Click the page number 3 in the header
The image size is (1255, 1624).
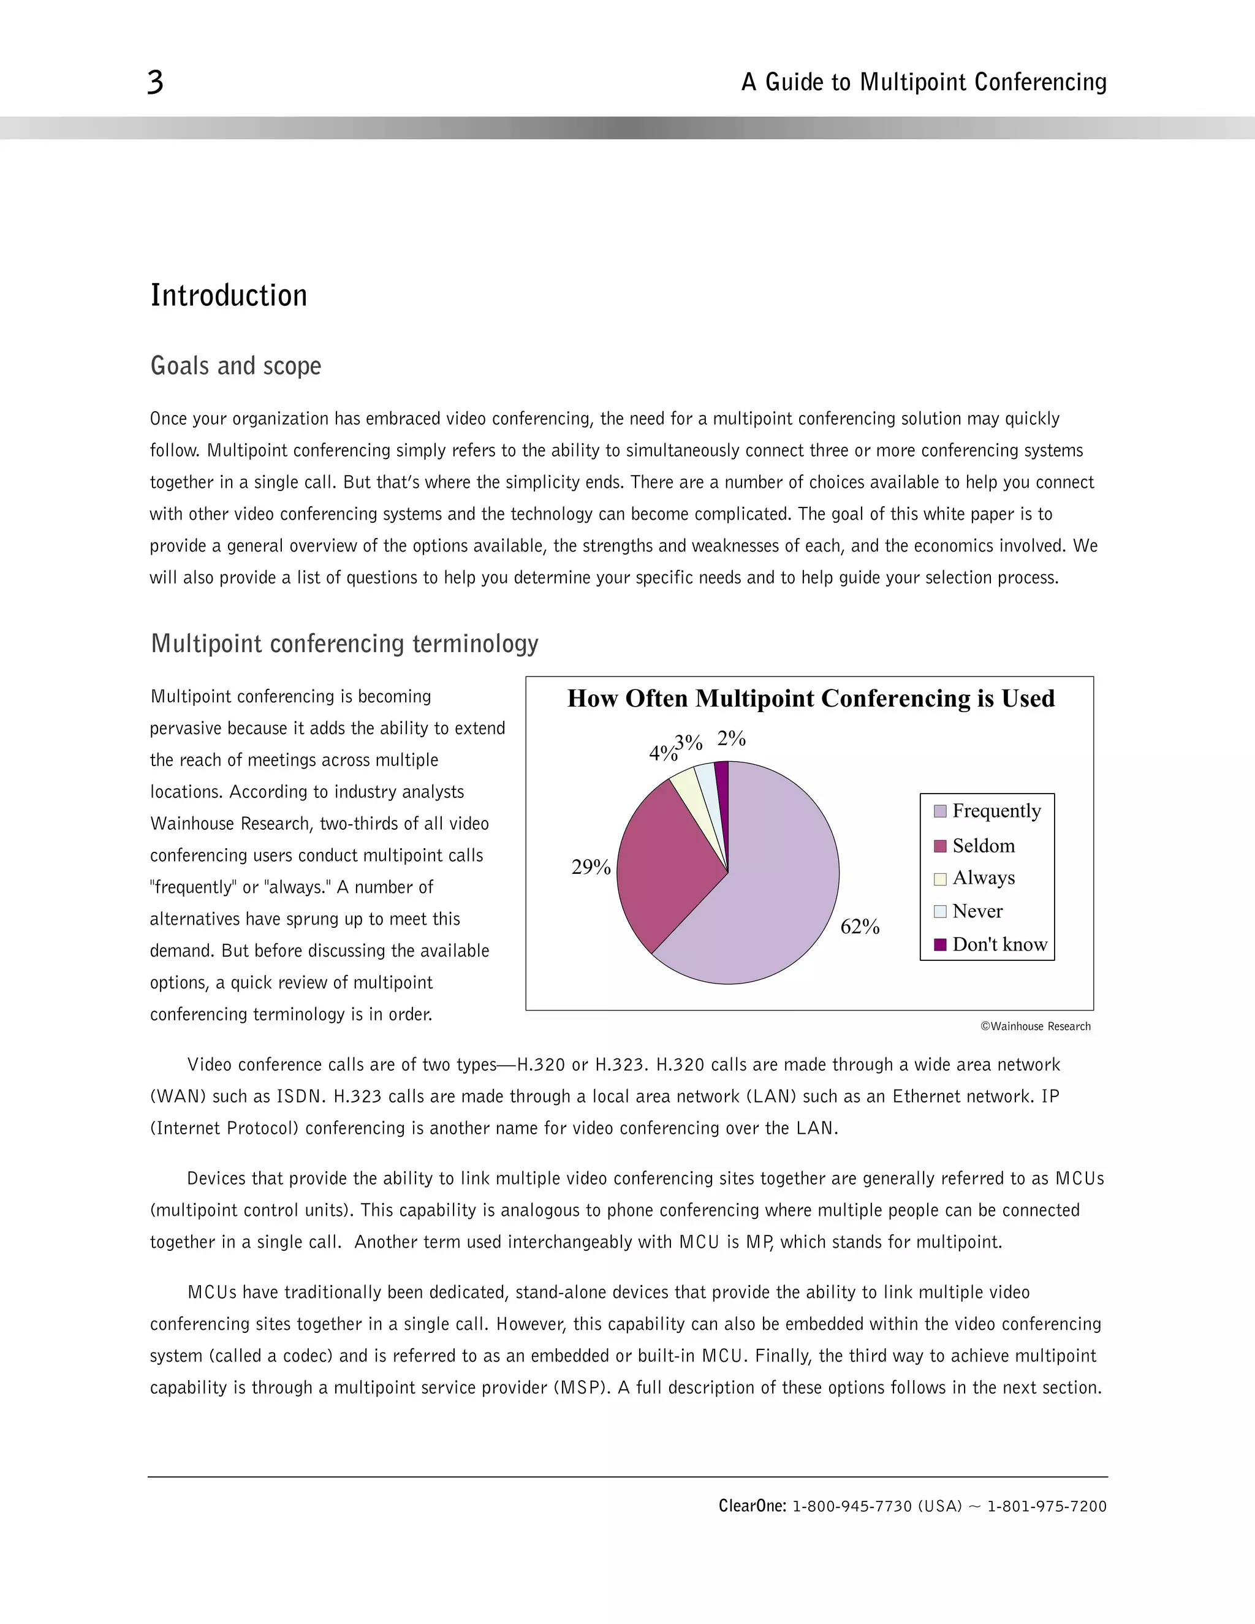tap(154, 82)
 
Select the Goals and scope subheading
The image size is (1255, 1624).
tap(236, 366)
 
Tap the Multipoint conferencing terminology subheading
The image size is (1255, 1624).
tap(344, 643)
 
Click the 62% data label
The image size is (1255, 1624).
tap(860, 927)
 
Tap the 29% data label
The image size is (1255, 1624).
tap(591, 867)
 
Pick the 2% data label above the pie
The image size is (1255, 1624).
tap(732, 738)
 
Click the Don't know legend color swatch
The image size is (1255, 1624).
tap(941, 944)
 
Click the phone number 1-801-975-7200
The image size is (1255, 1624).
tap(1047, 1506)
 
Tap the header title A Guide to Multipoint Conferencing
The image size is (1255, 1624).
tap(923, 82)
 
